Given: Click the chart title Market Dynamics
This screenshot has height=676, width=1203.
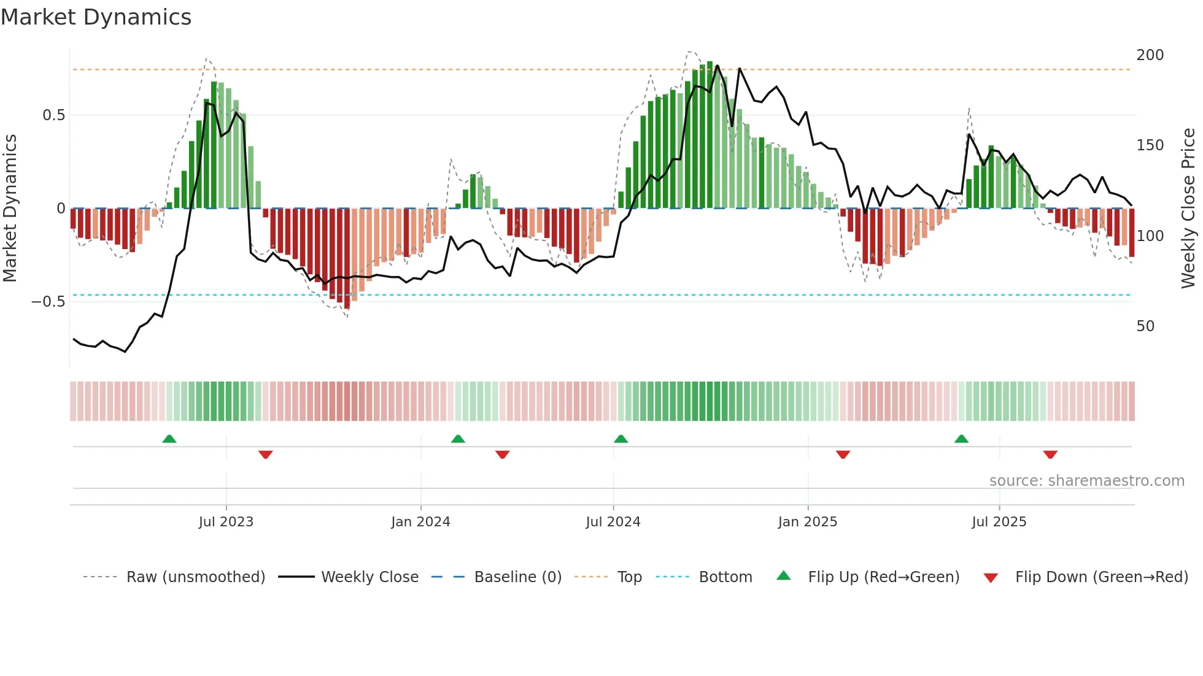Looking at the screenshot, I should (96, 17).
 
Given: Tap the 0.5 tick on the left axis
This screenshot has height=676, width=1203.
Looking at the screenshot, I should (53, 115).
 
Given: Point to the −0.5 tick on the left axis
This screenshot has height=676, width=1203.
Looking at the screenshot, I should (48, 301).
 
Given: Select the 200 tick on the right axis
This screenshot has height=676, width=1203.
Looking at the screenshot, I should (1150, 55).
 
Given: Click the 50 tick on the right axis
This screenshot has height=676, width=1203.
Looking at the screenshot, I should (1145, 326).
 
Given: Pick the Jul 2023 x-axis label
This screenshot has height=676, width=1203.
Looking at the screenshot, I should (226, 522).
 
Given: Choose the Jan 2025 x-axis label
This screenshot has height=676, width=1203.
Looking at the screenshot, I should (807, 522).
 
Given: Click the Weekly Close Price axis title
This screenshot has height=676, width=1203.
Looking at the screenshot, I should (1188, 209).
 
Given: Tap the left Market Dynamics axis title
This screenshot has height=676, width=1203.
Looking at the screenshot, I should (10, 209).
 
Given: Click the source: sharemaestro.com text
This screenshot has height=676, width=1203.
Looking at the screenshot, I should (1086, 481).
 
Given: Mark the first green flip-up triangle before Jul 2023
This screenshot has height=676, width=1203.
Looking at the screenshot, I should (169, 439).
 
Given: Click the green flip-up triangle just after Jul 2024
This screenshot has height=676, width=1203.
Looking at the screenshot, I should (621, 439).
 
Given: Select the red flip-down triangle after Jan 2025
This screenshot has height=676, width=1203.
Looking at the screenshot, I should (843, 455).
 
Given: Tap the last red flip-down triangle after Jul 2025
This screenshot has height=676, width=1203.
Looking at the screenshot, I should (1050, 455).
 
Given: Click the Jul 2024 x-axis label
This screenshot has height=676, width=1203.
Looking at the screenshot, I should (613, 522).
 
